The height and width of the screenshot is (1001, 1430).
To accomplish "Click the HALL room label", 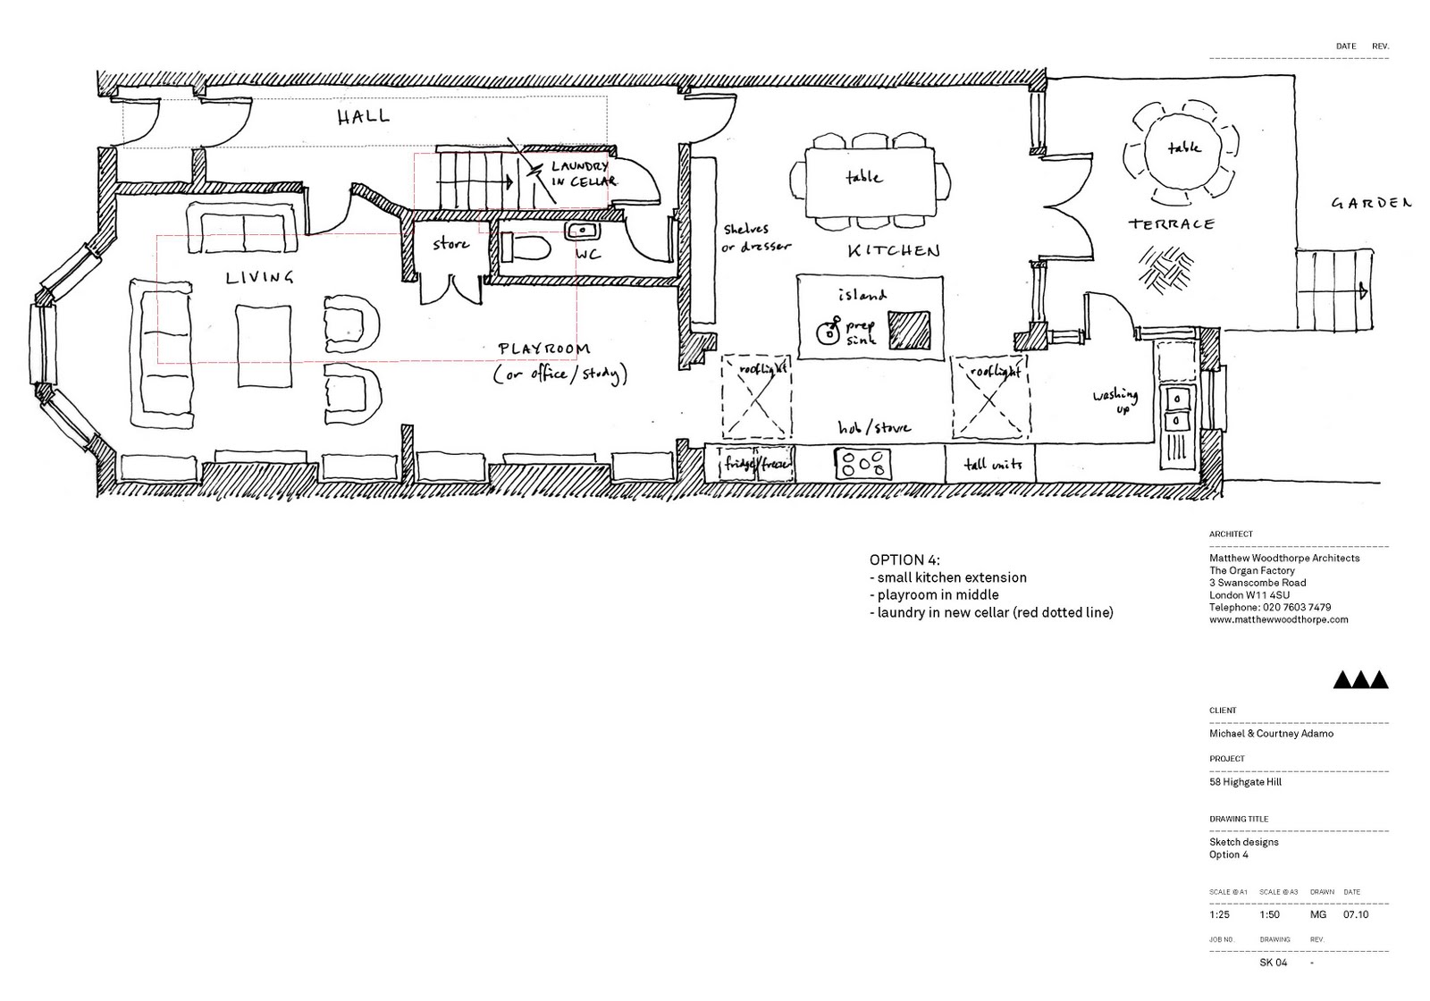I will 364,116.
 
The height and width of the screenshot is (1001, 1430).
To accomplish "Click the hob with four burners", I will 863,464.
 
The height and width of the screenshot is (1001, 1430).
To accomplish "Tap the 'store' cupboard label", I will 450,243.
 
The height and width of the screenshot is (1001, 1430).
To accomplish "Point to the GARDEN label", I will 1371,203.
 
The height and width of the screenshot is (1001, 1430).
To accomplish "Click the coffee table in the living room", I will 264,346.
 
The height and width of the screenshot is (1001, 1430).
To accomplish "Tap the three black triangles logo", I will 1360,680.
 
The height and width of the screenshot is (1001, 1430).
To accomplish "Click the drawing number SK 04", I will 1273,963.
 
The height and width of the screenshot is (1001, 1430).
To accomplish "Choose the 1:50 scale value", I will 1269,914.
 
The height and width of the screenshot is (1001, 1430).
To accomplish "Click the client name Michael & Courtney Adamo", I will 1271,734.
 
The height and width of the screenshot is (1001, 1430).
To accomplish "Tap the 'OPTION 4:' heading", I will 904,559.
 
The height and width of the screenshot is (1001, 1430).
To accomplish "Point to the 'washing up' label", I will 1115,399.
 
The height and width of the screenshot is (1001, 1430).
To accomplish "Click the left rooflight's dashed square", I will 758,397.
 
